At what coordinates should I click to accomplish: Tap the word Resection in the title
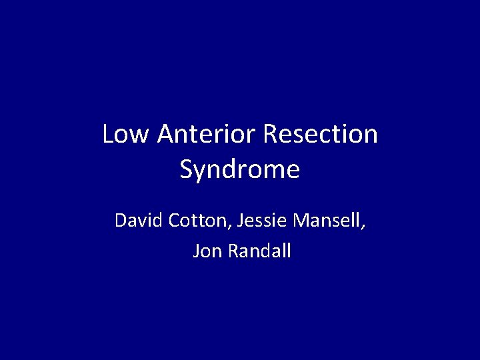(x=321, y=135)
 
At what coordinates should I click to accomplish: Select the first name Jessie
(x=257, y=221)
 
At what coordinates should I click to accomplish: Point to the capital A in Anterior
(x=165, y=135)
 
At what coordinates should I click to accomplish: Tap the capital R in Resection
(x=271, y=135)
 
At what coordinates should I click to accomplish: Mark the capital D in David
(x=121, y=221)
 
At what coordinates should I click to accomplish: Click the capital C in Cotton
(x=173, y=221)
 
